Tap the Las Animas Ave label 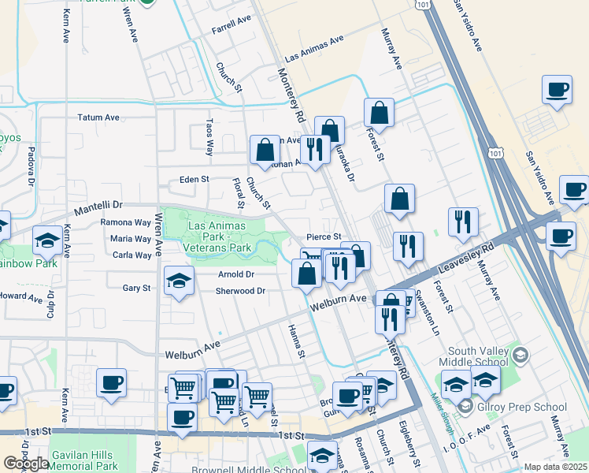(x=316, y=48)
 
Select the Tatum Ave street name (x=98, y=117)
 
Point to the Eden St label (x=194, y=179)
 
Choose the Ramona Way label (x=125, y=222)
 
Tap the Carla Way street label (x=132, y=255)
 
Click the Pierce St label (x=324, y=236)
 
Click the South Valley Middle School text (x=480, y=357)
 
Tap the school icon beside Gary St (x=179, y=280)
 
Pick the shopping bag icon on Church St (x=265, y=149)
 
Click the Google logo (x=26, y=464)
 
